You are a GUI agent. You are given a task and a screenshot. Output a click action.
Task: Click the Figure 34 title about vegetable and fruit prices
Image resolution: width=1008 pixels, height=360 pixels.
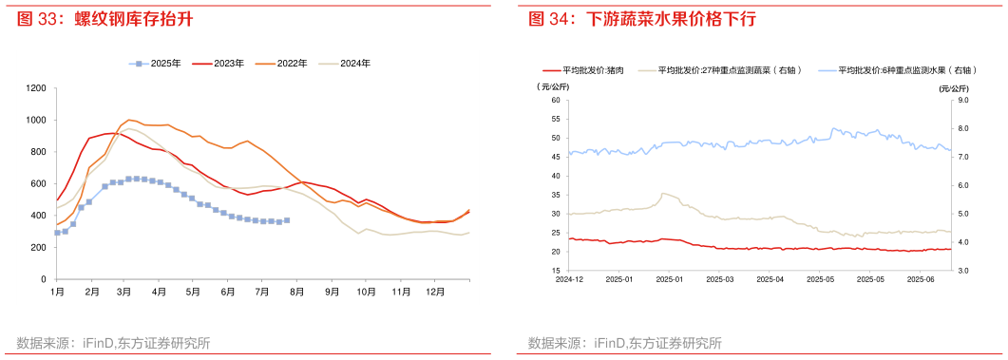642,19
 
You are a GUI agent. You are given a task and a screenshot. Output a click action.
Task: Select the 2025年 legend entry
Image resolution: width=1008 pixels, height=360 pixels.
158,64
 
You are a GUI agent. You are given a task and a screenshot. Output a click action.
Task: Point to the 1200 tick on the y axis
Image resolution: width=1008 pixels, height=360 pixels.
36,88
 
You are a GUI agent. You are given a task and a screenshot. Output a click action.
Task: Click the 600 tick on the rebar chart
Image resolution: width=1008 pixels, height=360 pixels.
39,183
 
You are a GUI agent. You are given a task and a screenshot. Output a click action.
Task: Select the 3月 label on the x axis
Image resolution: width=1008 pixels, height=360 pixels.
124,291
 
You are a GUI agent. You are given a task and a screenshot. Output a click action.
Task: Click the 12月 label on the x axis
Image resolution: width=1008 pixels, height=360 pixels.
436,291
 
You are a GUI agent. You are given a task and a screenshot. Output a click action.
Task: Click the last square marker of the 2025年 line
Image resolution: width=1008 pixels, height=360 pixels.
287,220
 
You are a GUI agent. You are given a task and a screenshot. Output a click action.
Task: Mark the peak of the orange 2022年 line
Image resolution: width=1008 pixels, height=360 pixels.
129,121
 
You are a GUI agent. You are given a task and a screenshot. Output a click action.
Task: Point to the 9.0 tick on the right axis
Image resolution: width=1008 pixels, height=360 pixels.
960,100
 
